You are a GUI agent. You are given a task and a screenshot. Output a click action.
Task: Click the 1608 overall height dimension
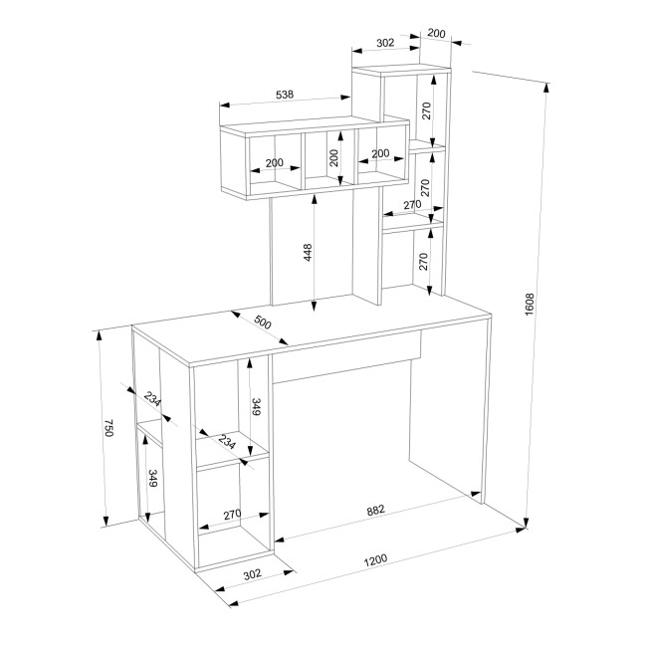[530, 305]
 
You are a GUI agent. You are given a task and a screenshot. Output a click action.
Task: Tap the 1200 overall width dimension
[375, 560]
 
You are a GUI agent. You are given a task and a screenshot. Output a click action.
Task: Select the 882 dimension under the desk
[375, 511]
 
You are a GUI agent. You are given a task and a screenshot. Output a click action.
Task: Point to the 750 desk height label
[108, 428]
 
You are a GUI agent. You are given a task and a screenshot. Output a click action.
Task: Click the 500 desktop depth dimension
[263, 323]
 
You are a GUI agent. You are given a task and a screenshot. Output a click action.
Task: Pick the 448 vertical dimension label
[308, 253]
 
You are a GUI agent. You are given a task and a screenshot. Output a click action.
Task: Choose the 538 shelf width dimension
[285, 95]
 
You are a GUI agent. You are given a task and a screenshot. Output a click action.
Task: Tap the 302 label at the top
[385, 43]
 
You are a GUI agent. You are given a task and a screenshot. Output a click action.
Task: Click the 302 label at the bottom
[252, 574]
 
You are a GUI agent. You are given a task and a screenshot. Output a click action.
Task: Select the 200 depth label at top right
[436, 33]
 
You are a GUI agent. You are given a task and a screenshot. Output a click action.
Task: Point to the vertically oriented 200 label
[333, 157]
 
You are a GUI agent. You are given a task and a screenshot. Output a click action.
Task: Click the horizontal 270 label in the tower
[412, 204]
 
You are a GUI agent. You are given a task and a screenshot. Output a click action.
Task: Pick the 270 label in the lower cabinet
[232, 515]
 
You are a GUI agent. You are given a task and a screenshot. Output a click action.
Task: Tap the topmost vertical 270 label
[426, 110]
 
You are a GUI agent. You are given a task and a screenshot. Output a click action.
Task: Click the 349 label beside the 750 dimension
[153, 478]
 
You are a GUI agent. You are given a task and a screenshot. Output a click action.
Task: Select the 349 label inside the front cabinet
[256, 406]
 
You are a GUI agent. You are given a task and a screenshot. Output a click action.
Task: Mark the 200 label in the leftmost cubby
[275, 163]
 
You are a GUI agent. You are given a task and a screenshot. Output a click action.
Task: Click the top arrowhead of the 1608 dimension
[546, 88]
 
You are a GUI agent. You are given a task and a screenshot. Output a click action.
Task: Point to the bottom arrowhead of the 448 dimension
[314, 306]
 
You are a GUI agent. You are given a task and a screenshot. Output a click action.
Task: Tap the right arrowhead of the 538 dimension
[345, 98]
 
